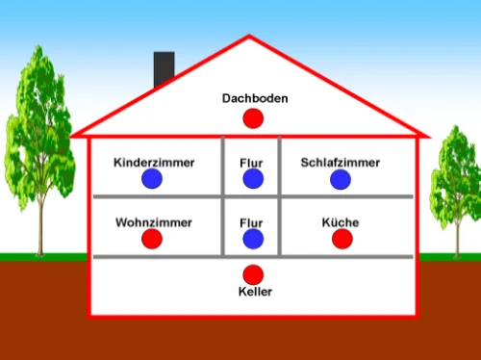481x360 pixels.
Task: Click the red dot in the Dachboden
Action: coord(252,118)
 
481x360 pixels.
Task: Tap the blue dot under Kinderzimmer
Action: coord(152,179)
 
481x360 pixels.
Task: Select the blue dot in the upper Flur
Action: coord(252,179)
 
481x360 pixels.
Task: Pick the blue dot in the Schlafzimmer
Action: coord(341,179)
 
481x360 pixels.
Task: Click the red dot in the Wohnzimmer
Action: coord(152,239)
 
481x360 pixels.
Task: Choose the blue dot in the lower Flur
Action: coord(252,239)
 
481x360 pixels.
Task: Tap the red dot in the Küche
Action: coord(342,239)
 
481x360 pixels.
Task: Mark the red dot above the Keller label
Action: coord(252,274)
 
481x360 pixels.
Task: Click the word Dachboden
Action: coord(255,98)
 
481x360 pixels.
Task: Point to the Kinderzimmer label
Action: coord(154,163)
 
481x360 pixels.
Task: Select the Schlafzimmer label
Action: coord(341,163)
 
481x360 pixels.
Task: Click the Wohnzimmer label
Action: coord(154,222)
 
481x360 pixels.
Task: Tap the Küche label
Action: coord(341,222)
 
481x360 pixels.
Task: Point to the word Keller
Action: coord(255,291)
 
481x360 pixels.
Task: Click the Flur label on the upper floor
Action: coord(251,163)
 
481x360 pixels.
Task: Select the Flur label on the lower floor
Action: coord(251,222)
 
